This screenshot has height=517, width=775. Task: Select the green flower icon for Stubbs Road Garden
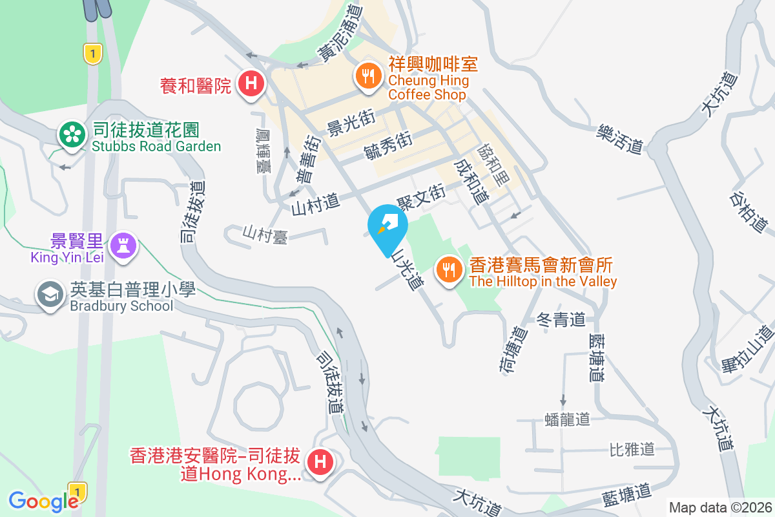[73, 135]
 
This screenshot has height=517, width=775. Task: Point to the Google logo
[43, 501]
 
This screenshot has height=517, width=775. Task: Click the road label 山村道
[315, 204]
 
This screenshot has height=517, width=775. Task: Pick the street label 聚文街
[421, 193]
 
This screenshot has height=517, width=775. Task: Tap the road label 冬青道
[561, 319]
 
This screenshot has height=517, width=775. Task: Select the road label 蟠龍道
[567, 419]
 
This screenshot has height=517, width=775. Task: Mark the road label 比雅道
[632, 448]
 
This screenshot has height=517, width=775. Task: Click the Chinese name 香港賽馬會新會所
[541, 264]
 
